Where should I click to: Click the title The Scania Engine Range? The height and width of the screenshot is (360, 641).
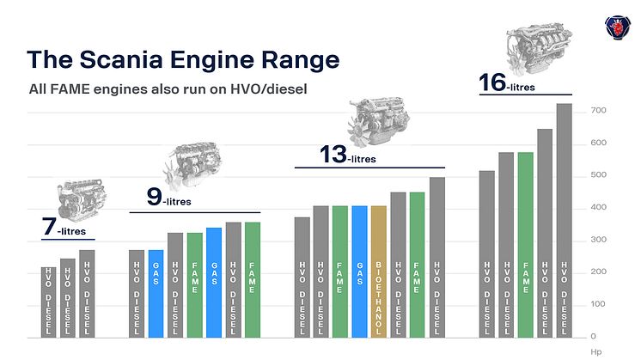[x=182, y=59]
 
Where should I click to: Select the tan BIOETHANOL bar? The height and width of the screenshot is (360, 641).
[x=378, y=271]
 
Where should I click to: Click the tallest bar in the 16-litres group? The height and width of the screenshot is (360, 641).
[x=564, y=219]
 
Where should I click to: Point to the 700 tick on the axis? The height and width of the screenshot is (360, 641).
[x=598, y=112]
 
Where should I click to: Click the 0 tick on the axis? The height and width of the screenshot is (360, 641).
[x=593, y=336]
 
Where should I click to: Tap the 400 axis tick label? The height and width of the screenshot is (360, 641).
[x=598, y=208]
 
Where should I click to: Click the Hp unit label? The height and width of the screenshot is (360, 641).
[x=596, y=351]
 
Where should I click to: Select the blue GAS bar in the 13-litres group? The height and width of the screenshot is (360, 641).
[x=359, y=271]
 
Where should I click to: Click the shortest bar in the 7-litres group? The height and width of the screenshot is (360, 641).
[x=48, y=302]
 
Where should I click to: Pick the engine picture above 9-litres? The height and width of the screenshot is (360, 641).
[x=197, y=164]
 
